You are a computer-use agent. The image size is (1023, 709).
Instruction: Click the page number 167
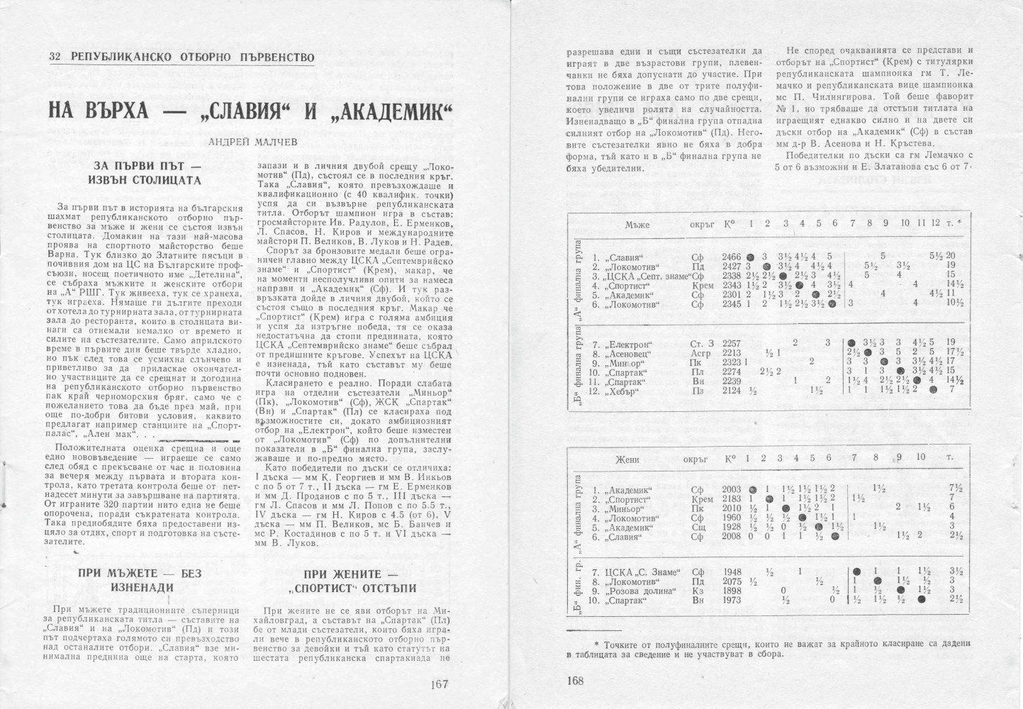click(x=440, y=684)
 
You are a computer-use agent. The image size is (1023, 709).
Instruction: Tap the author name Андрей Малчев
click(x=243, y=142)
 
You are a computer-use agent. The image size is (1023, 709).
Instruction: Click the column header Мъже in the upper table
click(x=637, y=225)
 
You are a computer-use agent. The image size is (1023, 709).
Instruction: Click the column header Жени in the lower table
click(x=627, y=459)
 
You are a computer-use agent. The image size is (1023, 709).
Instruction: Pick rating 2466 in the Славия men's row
click(x=731, y=256)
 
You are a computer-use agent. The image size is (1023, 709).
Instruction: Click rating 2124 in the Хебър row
click(x=731, y=390)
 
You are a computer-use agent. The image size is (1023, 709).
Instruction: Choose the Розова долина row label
click(x=637, y=591)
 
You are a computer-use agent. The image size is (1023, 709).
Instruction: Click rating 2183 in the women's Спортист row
click(x=732, y=498)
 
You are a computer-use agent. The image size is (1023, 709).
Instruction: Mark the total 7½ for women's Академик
click(x=955, y=489)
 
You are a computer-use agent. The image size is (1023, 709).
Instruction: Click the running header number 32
click(x=54, y=57)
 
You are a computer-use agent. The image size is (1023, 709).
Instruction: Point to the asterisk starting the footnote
click(x=596, y=643)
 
